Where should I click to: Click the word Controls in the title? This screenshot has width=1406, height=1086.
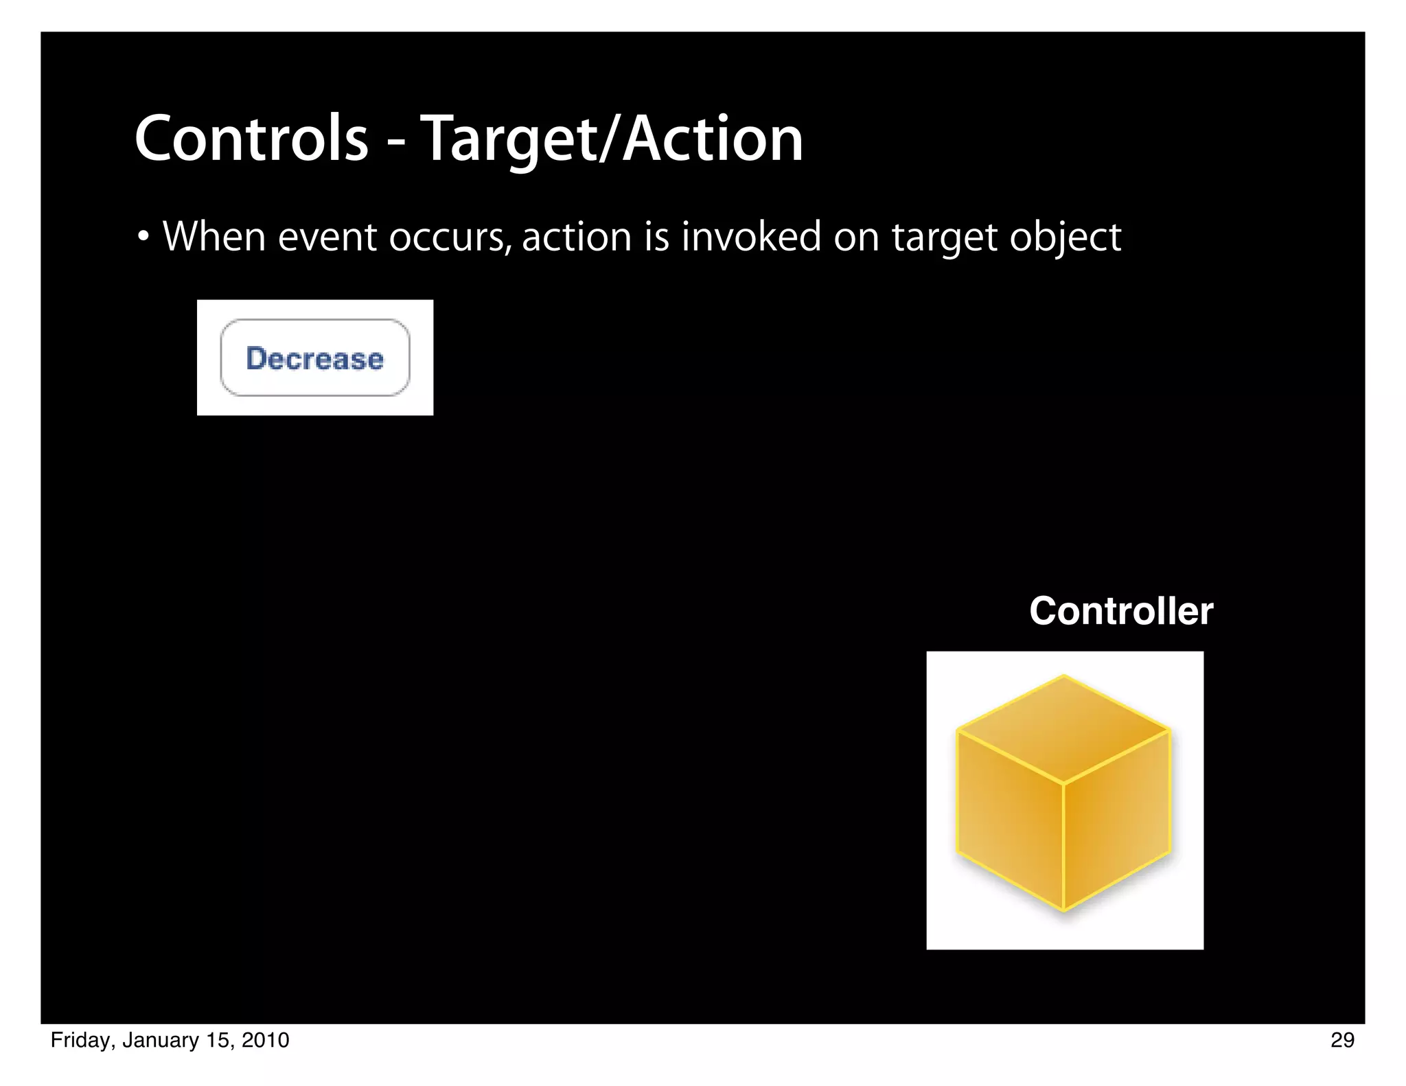(251, 139)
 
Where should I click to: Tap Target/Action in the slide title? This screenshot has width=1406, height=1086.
(612, 140)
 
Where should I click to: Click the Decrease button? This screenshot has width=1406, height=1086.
(315, 358)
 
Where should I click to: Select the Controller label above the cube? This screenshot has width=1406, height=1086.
(1121, 611)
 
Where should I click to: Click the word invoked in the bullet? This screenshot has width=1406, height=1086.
(751, 238)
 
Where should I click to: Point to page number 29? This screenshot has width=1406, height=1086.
(1342, 1040)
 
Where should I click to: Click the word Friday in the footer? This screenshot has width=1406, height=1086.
(80, 1041)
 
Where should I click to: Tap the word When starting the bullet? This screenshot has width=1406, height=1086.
(214, 238)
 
